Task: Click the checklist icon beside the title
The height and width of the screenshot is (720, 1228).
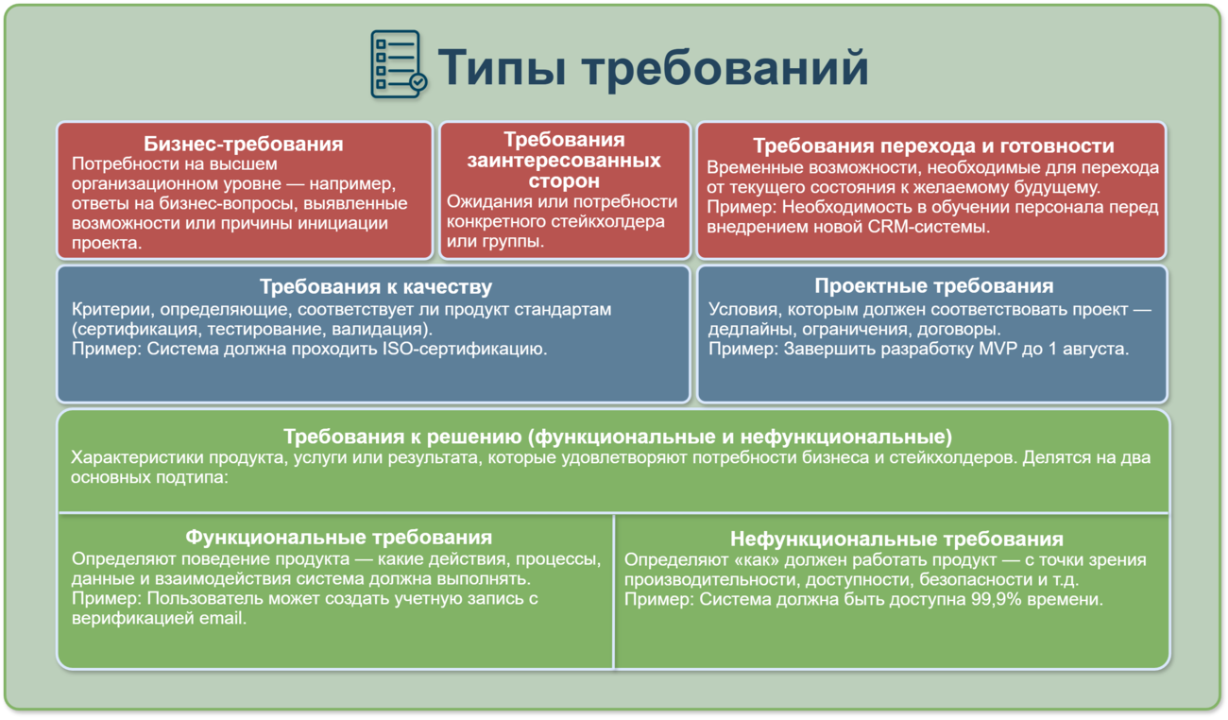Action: (399, 64)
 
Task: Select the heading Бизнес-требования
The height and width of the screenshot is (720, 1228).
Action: (244, 144)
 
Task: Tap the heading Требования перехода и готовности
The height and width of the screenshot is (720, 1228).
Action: (933, 146)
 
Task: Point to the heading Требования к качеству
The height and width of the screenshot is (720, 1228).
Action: (376, 286)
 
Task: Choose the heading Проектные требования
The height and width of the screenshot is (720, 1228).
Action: (933, 285)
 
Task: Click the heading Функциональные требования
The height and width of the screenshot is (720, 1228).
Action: (338, 537)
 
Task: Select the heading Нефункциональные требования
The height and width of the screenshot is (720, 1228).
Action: (896, 539)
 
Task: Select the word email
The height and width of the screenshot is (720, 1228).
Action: (222, 619)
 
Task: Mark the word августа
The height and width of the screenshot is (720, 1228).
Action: (1096, 350)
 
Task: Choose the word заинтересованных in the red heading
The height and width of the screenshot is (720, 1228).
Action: (564, 160)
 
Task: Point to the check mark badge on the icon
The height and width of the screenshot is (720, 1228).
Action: (418, 82)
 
